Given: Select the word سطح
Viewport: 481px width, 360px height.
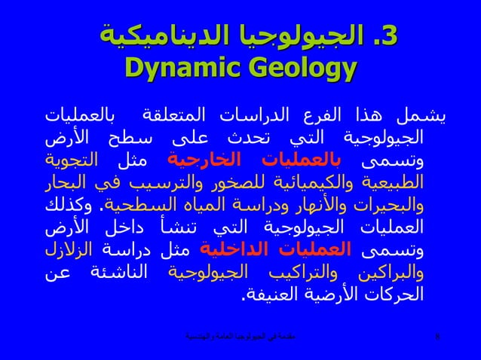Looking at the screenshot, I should [144, 139].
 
